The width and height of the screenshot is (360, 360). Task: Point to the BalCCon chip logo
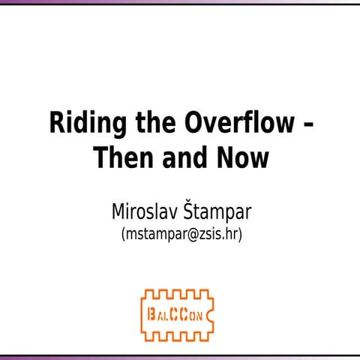coord(181,310)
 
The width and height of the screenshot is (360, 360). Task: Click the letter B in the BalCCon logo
coord(153,310)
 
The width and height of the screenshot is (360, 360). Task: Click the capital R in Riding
coord(57,123)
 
